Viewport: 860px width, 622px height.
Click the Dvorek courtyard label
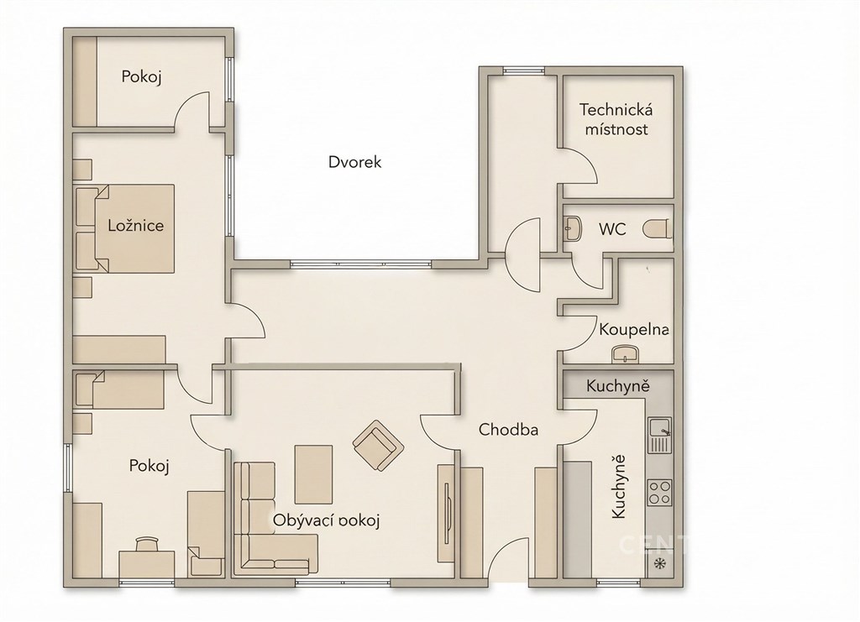coord(354,162)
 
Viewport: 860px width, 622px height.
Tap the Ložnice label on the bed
coord(135,225)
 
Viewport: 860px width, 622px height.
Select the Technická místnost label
coord(616,119)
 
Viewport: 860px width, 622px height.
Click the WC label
coord(612,228)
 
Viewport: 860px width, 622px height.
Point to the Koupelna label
coord(634,330)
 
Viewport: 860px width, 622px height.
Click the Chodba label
coord(508,430)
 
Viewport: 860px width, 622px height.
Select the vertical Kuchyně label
coord(618,487)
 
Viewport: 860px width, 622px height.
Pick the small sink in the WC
coord(573,228)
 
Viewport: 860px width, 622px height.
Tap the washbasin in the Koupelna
coord(625,354)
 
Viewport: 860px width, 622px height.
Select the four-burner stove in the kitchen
coord(659,492)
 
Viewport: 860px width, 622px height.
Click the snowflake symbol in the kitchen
coord(658,563)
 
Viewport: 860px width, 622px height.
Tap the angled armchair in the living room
coord(379,445)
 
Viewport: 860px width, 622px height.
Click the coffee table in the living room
coord(314,474)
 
